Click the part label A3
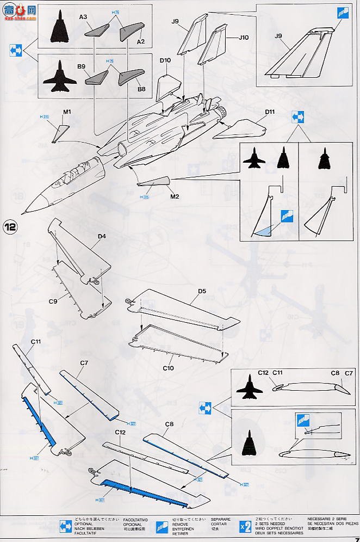[83, 17]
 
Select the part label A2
[140, 42]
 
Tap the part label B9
[82, 66]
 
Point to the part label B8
[141, 89]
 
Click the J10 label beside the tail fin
[243, 38]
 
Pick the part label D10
[166, 60]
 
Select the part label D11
[270, 112]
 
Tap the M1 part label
[67, 112]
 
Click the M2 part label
[175, 196]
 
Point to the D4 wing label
[102, 236]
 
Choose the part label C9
[53, 301]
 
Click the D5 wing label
[202, 291]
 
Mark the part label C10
[168, 368]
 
